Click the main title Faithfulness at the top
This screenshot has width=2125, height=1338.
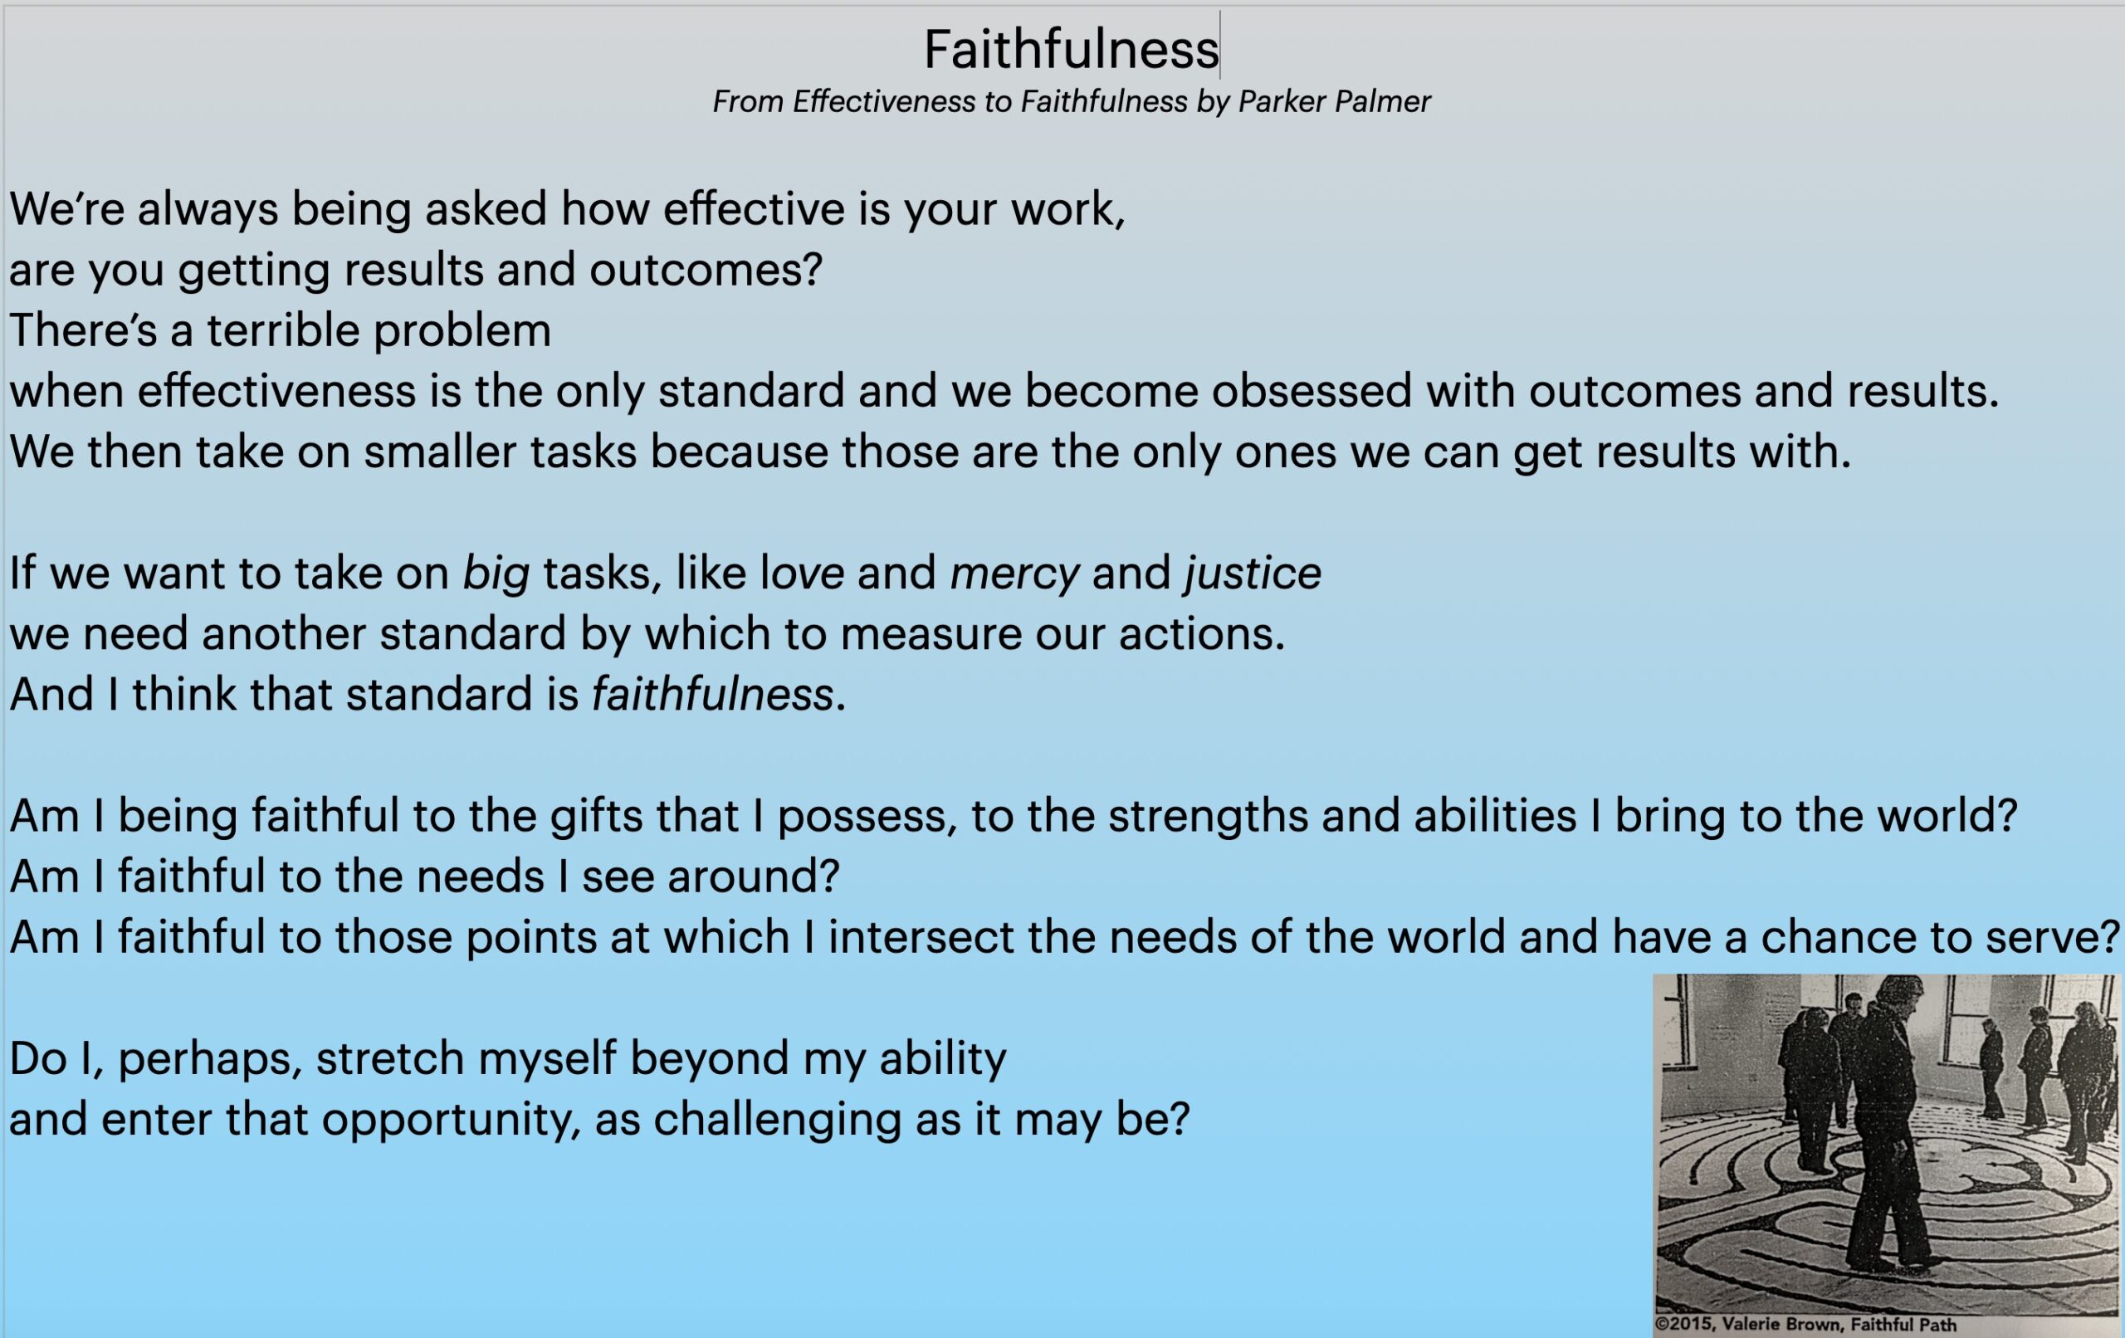[x=1071, y=50]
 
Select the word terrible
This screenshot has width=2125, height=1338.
[x=283, y=330]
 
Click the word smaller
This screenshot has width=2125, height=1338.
[x=438, y=452]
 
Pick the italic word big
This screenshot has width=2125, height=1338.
[x=496, y=574]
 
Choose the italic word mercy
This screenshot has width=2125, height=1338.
[x=1014, y=574]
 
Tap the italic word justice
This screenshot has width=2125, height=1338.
[x=1253, y=574]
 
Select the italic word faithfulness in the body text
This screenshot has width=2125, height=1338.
[x=712, y=695]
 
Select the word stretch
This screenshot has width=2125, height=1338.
[x=390, y=1058]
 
